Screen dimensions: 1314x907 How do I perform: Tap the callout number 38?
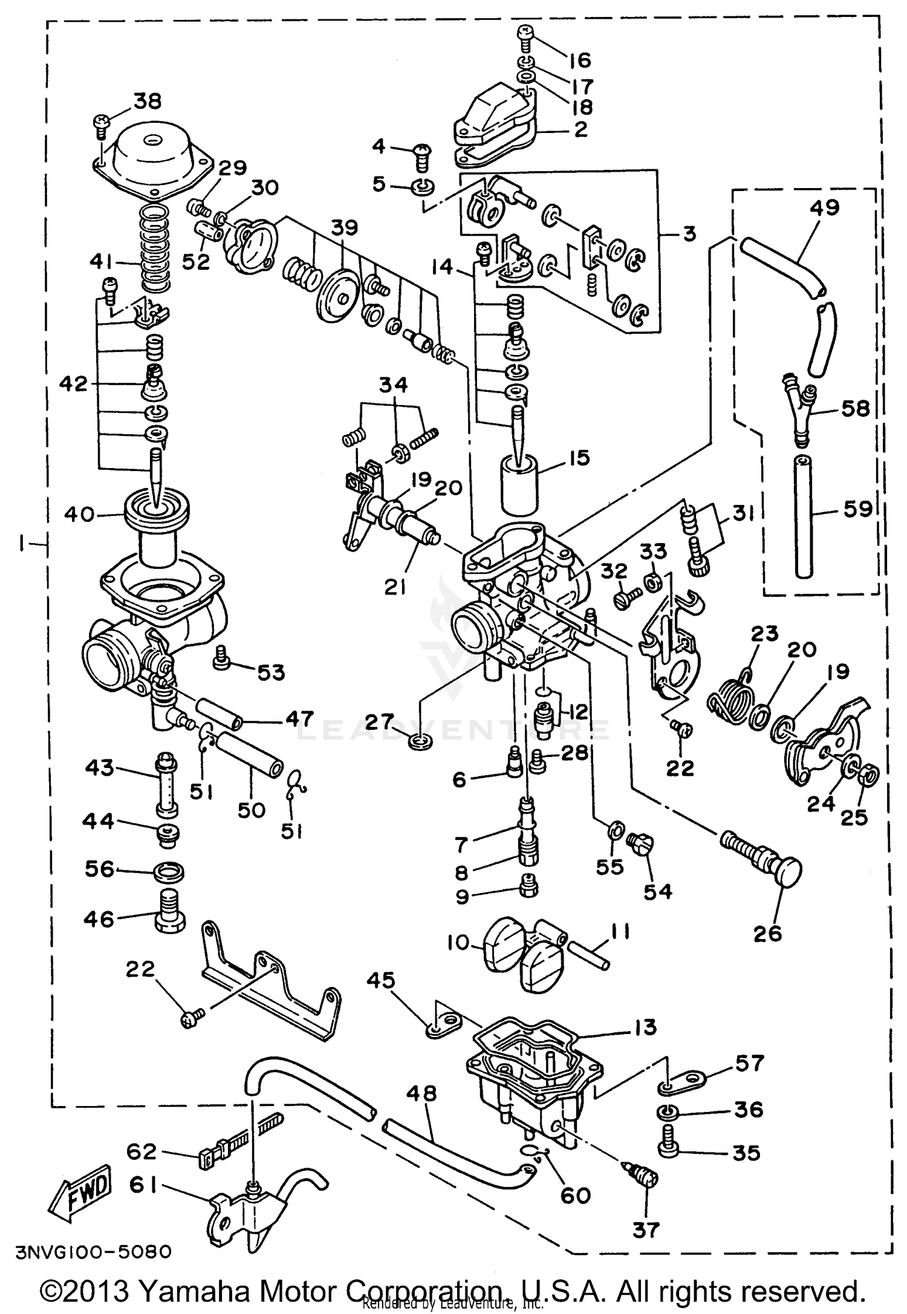146,101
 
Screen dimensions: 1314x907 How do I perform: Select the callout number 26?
768,934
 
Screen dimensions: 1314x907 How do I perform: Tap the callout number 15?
579,458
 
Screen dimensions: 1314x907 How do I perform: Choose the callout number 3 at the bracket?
689,234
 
